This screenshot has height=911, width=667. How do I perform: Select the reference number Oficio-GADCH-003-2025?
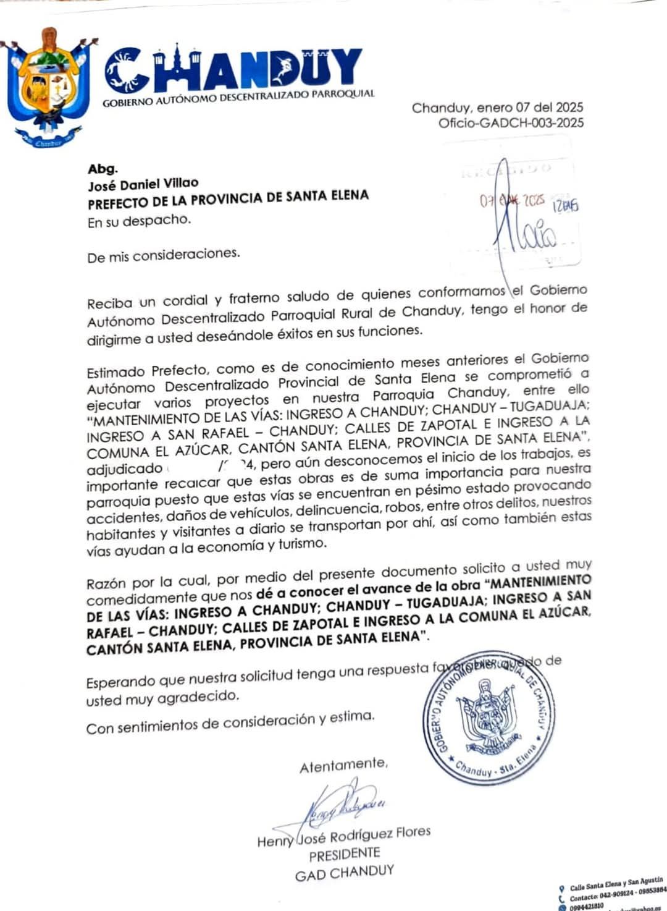pos(511,122)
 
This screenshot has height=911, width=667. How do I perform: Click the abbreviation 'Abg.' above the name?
pos(103,169)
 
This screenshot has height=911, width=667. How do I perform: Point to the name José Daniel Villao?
pos(143,184)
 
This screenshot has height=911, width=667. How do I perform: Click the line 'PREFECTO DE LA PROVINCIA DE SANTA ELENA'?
pos(228,200)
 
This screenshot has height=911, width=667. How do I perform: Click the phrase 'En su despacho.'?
pos(139,221)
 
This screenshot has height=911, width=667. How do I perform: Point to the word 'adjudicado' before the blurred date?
pos(124,469)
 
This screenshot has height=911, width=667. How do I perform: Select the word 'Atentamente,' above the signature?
pos(343,766)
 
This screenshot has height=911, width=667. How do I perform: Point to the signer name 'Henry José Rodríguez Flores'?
pos(344,837)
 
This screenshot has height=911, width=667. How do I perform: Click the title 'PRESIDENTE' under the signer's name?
pos(345,855)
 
